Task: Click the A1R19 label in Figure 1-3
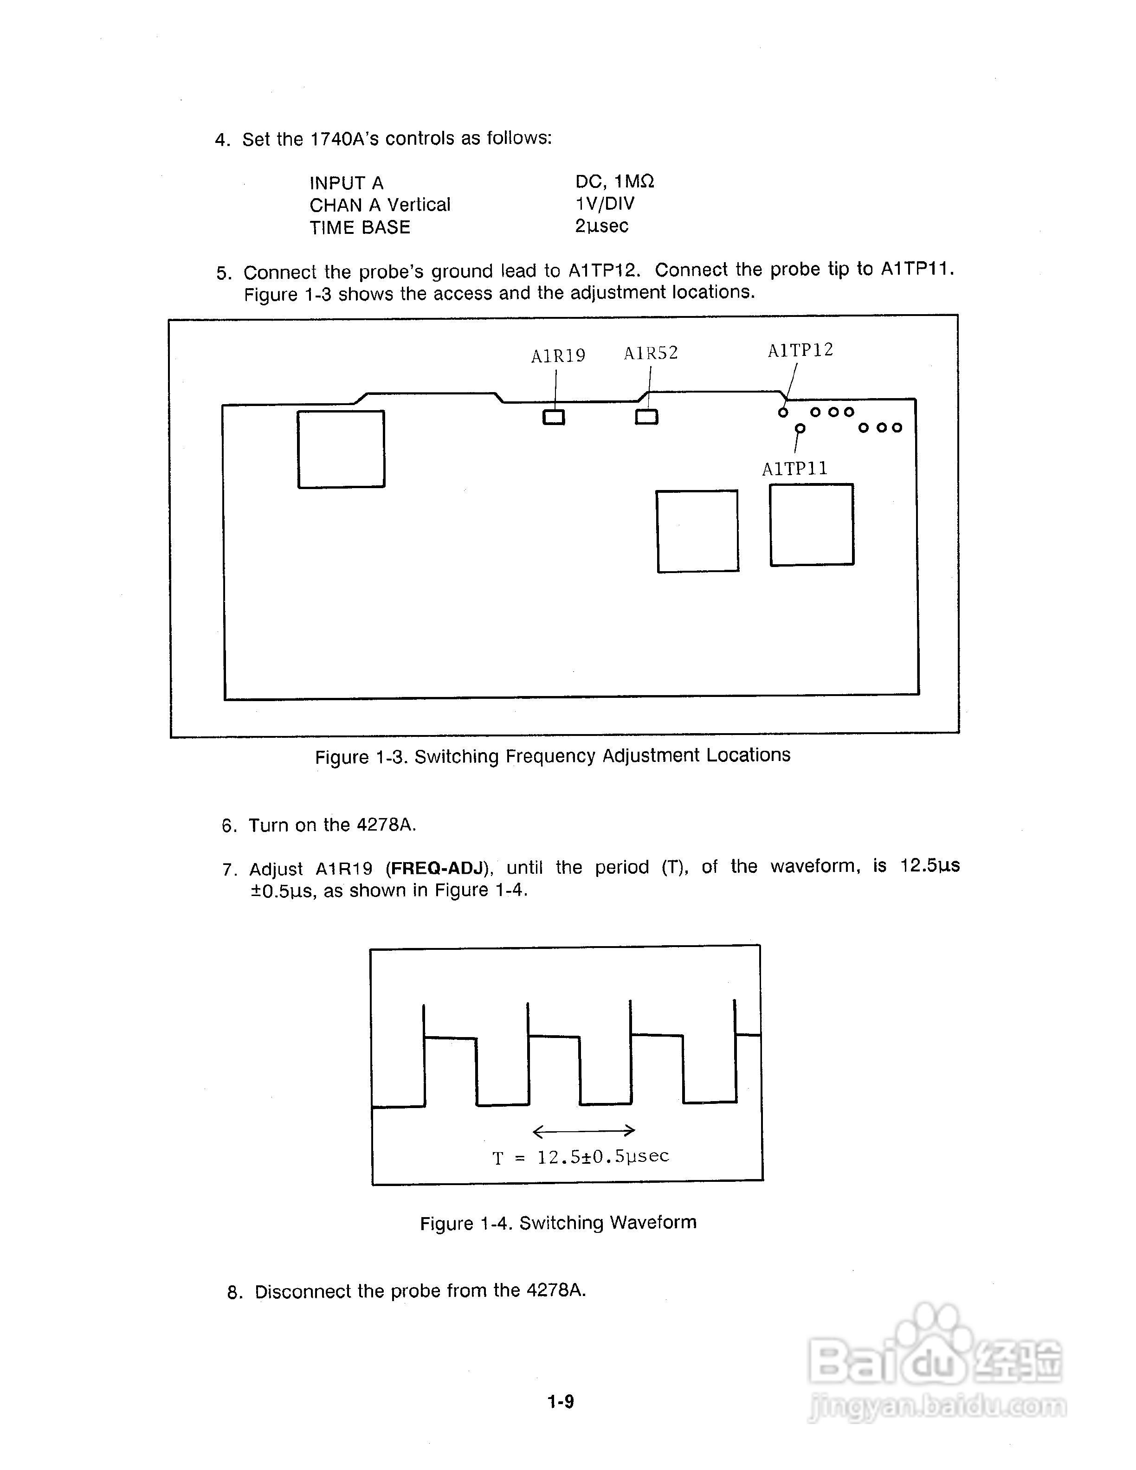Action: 558,356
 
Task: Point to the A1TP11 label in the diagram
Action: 795,469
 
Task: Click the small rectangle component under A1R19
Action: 554,417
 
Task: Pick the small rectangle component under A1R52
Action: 647,417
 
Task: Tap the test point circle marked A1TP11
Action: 800,428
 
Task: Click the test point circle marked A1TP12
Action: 783,412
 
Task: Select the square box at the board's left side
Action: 341,449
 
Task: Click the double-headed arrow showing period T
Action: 583,1130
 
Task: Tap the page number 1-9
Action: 561,1402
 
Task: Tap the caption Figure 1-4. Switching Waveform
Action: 558,1222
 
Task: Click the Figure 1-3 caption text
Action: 553,756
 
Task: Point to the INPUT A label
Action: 347,183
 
